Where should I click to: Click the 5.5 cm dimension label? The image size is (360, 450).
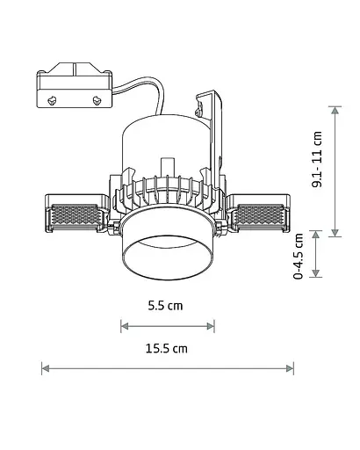click(x=165, y=306)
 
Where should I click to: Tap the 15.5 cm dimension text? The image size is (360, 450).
click(x=167, y=349)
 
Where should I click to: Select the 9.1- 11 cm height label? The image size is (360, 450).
click(x=317, y=159)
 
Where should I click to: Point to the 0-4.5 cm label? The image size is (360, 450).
click(x=299, y=256)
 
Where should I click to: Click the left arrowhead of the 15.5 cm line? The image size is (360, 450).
click(x=46, y=368)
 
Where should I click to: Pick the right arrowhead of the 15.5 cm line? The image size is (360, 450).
click(x=290, y=368)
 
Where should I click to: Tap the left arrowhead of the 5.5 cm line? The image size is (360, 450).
click(x=125, y=326)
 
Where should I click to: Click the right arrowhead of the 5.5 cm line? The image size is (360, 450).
click(x=211, y=326)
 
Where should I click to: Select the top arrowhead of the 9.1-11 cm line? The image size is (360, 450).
click(x=335, y=110)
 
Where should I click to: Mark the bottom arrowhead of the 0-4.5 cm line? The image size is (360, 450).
click(x=315, y=273)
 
